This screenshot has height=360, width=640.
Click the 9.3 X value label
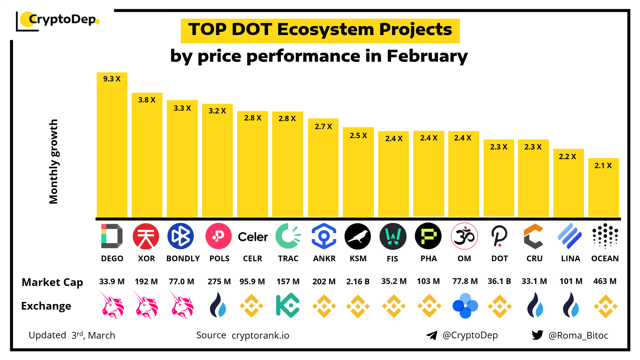pyautogui.click(x=112, y=79)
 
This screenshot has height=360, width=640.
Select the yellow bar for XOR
pyautogui.click(x=147, y=157)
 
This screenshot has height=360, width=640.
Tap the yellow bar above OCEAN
pyautogui.click(x=603, y=190)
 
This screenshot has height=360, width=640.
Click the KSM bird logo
pyautogui.click(x=358, y=237)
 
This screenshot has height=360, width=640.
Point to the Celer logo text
pyautogui.click(x=253, y=237)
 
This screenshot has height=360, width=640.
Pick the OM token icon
pyautogui.click(x=464, y=236)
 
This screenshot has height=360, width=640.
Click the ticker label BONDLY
pyautogui.click(x=183, y=259)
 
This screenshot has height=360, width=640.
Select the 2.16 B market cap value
pyautogui.click(x=358, y=282)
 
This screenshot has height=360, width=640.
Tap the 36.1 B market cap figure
pyautogui.click(x=499, y=281)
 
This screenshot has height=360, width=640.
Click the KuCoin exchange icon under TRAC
pyautogui.click(x=287, y=306)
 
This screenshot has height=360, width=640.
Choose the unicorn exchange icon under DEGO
pyautogui.click(x=113, y=305)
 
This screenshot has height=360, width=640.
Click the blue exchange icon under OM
pyautogui.click(x=465, y=306)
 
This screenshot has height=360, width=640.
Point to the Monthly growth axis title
pyautogui.click(x=53, y=161)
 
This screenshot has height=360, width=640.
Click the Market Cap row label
pyautogui.click(x=52, y=282)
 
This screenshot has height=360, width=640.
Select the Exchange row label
pyautogui.click(x=46, y=306)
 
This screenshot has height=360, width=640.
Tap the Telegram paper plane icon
pyautogui.click(x=432, y=335)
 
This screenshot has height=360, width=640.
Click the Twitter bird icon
pyautogui.click(x=537, y=335)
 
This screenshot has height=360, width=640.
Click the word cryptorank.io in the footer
pyautogui.click(x=260, y=335)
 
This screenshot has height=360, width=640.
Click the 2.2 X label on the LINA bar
pyautogui.click(x=567, y=156)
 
